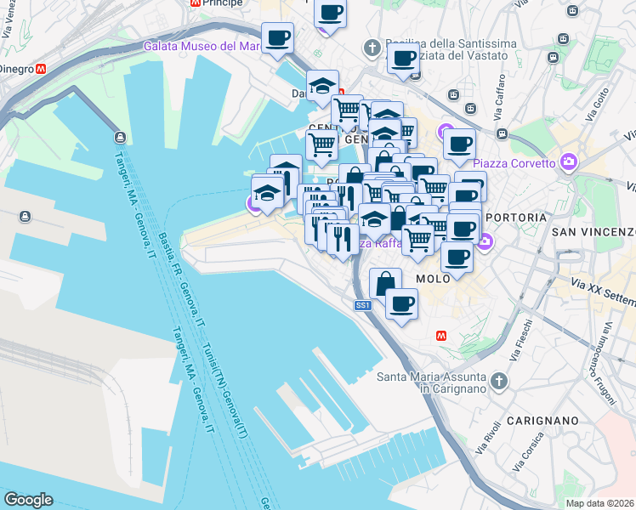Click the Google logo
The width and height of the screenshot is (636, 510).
point(28,500)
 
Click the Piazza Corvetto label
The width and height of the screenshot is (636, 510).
point(514,162)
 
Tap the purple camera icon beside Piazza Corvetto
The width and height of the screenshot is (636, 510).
point(568,161)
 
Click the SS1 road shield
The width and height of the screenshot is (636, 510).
point(363,304)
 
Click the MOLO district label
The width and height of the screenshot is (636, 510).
point(432,278)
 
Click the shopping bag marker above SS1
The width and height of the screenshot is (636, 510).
point(385,282)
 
